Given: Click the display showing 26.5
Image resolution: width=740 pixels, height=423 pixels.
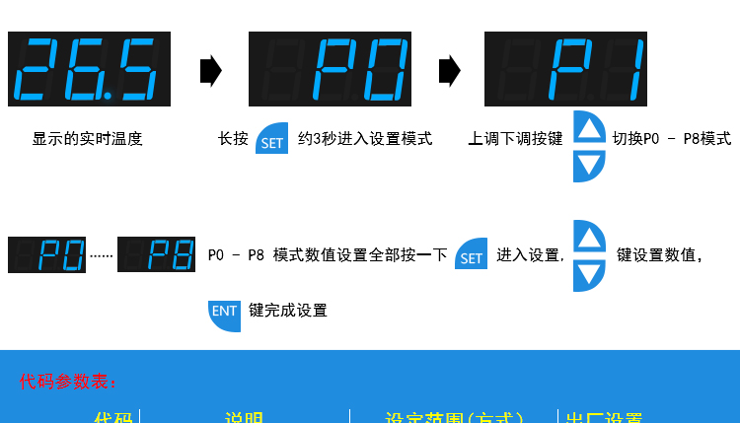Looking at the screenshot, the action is point(89,69).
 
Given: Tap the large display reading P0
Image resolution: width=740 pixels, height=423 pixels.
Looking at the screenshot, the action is point(330,69).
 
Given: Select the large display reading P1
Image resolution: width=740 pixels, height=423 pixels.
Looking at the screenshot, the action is point(565,69).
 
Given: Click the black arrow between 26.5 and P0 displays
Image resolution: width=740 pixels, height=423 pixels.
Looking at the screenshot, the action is point(210,71).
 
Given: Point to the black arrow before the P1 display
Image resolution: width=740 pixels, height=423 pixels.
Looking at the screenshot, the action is point(449,71).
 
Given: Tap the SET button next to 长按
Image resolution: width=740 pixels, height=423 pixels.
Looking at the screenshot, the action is point(271,140).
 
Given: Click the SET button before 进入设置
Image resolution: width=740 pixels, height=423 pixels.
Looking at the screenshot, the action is point(472,255).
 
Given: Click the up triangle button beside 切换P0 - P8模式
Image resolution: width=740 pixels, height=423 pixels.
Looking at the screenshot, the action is point(589,127).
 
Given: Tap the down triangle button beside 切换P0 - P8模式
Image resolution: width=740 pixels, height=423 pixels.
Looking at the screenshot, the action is point(589,164).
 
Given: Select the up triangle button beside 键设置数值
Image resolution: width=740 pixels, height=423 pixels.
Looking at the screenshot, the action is point(589,238).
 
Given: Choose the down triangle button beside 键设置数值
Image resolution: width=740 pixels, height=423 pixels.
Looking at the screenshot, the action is point(589,274).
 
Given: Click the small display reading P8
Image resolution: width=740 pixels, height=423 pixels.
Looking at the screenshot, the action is point(159,255).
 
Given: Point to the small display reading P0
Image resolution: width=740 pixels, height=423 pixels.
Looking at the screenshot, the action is point(46,255).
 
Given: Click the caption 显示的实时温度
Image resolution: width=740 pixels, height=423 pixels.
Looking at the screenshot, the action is point(88,139).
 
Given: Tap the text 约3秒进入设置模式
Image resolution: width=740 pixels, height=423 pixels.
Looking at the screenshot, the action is point(365,139).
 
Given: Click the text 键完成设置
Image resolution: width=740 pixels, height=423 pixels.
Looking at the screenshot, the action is point(288,311).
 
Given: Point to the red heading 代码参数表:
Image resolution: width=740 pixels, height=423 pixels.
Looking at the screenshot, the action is point(68,381).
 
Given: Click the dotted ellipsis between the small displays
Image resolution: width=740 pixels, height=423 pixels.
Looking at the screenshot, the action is point(102,257).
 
